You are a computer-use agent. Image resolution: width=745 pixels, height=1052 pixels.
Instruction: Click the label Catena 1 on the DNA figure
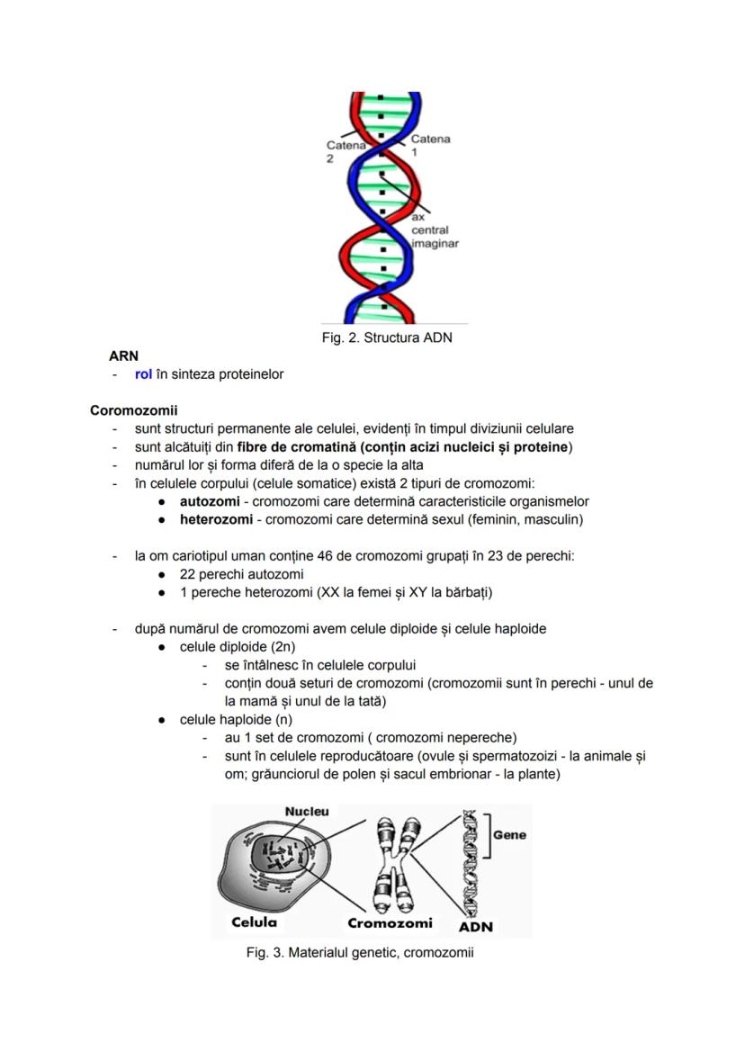[x=430, y=145]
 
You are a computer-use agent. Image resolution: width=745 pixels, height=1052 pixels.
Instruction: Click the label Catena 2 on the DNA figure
[x=345, y=150]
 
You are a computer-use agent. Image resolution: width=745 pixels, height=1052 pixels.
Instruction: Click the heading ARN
[x=123, y=356]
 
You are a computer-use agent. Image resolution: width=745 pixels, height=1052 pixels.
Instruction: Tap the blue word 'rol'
[x=143, y=374]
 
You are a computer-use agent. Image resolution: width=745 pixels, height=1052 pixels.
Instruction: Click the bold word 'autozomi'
[x=210, y=501]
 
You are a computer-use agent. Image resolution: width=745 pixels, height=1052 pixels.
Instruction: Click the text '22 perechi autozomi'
[x=241, y=574]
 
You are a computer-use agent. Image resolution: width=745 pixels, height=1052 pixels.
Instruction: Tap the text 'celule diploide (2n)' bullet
[x=238, y=647]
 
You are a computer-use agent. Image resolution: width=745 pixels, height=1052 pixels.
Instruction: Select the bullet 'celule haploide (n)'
[x=236, y=720]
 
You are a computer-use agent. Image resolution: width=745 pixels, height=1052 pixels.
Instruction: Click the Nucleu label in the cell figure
[x=307, y=811]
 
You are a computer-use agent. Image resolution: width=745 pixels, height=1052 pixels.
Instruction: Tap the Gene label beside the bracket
[x=509, y=834]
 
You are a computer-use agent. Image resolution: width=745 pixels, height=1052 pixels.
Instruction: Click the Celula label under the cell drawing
[x=255, y=922]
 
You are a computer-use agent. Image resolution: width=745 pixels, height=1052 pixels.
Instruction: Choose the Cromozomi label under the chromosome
[x=390, y=922]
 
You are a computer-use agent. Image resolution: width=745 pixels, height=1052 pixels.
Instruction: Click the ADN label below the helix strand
[x=476, y=927]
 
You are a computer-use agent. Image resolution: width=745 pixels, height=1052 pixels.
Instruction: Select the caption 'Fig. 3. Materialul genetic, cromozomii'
[x=360, y=952]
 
